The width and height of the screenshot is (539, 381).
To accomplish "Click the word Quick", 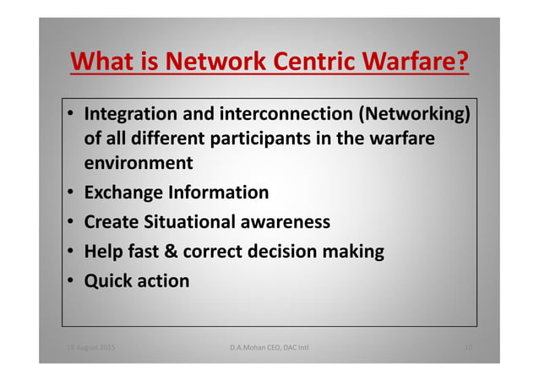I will pyautogui.click(x=108, y=280).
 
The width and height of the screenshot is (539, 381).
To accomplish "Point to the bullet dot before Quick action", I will pyautogui.click(x=72, y=281).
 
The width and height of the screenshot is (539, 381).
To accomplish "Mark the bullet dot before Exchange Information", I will pyautogui.click(x=72, y=193).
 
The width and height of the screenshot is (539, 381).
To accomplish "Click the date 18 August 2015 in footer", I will pyautogui.click(x=90, y=347).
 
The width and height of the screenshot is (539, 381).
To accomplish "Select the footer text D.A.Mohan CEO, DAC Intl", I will pyautogui.click(x=269, y=347).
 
